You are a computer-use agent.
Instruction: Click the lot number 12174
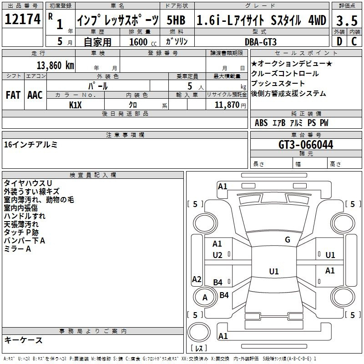[x=22, y=20]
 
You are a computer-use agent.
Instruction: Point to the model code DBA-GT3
[x=261, y=42]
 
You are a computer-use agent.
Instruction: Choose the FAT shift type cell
[x=13, y=95]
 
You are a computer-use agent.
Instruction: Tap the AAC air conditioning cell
[x=35, y=95]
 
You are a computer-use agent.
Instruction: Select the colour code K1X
[x=76, y=105]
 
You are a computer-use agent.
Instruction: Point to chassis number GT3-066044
[x=306, y=145]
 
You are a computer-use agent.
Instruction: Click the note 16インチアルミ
[x=30, y=145]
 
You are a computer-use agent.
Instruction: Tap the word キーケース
[x=23, y=340]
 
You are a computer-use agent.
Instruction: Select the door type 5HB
[x=176, y=20]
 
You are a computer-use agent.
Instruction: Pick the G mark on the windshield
[x=287, y=240]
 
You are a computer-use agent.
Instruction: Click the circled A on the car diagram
[x=205, y=298]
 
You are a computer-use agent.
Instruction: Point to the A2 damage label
[x=197, y=279]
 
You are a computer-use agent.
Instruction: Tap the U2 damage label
[x=217, y=255]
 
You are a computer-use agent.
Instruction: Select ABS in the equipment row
[x=261, y=123]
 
